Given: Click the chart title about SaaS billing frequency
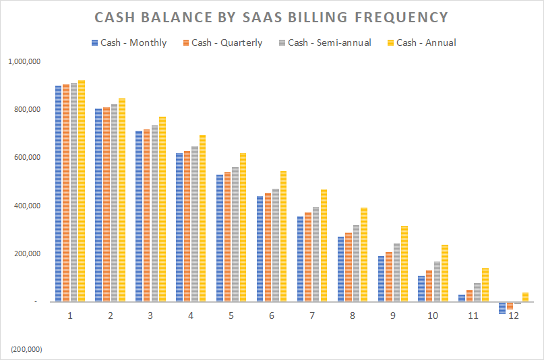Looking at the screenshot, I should (272, 18).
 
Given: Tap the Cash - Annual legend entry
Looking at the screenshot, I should (425, 42).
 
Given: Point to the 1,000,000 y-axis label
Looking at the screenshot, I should (25, 61).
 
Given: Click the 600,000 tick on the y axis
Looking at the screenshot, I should (28, 158).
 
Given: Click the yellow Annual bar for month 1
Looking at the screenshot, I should (82, 191).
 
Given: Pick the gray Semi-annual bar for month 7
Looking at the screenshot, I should (316, 254).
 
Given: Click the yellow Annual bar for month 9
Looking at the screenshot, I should (404, 264).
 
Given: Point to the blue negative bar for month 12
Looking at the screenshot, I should (502, 308).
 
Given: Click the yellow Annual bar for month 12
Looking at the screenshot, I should (526, 297).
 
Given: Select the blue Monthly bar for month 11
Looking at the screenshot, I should (462, 298).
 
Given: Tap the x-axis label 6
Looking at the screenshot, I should (272, 316).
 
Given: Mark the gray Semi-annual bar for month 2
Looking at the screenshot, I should (115, 202).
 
